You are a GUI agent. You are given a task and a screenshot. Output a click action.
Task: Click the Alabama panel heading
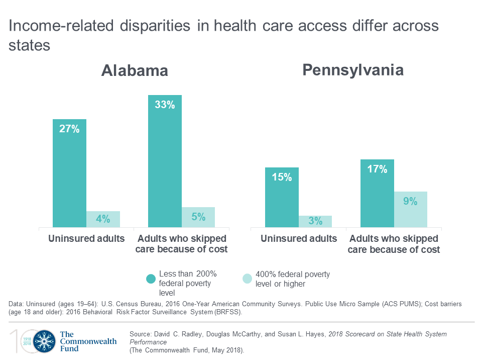tap(135, 70)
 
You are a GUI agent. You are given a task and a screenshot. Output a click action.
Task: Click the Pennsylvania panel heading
tap(353, 69)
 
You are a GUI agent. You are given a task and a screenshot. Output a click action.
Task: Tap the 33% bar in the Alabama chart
tap(165, 161)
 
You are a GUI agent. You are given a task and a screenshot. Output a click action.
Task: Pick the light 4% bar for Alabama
tap(103, 219)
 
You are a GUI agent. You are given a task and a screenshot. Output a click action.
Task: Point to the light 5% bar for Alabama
tap(198, 217)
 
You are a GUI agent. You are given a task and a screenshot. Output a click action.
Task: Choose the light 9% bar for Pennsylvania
tap(410, 209)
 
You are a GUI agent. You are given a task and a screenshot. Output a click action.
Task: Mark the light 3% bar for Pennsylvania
tap(315, 221)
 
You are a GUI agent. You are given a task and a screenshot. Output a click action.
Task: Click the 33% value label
tap(165, 105)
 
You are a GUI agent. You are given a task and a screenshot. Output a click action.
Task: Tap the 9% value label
tap(410, 201)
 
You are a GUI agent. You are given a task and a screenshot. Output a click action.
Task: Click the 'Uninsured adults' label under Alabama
tap(86, 239)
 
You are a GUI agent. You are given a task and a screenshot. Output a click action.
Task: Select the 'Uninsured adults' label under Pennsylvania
tap(299, 239)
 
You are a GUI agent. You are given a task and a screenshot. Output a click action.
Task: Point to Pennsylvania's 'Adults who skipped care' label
tap(394, 244)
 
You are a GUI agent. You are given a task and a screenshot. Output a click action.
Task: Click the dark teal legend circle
tap(150, 279)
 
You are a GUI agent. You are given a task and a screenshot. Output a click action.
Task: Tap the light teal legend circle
tap(247, 279)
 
